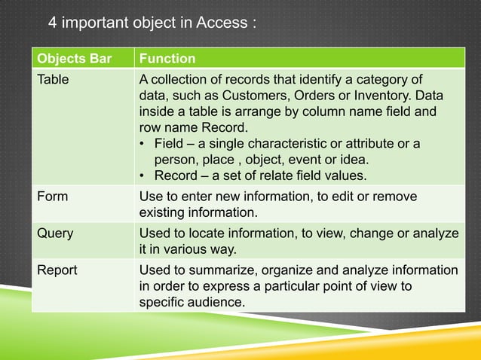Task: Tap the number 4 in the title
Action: [53, 22]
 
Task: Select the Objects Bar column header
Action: [69, 59]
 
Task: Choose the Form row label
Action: [53, 197]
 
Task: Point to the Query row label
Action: [56, 233]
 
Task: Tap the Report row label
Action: [57, 270]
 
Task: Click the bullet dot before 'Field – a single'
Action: [143, 144]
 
